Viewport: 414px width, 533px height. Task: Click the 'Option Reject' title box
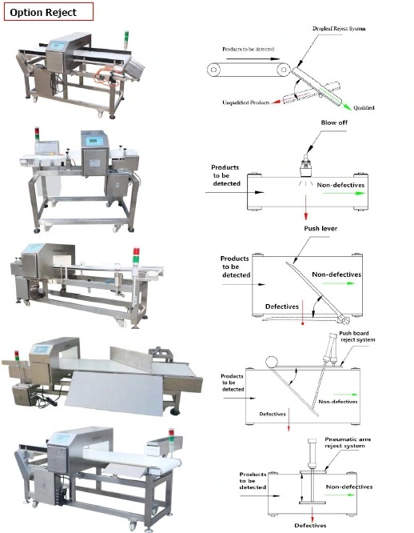tap(49, 12)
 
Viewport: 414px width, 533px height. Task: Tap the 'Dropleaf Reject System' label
tap(339, 29)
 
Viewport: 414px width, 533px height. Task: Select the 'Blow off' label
tap(334, 122)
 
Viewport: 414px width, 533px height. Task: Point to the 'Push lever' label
tap(320, 228)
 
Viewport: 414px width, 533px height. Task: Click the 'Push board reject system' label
tap(357, 336)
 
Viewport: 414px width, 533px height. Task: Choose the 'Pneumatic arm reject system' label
tap(348, 443)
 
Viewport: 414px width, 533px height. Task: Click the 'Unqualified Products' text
tap(246, 102)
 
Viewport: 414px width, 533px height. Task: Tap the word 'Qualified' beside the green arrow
tap(364, 108)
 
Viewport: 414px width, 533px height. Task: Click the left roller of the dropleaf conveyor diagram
tap(213, 70)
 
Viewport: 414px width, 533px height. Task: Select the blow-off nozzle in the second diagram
tap(305, 166)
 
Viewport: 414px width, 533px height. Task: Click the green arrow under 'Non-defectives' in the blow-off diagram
tap(344, 193)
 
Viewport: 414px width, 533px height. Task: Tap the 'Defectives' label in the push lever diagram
tap(281, 307)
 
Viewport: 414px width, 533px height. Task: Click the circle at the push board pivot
tap(271, 363)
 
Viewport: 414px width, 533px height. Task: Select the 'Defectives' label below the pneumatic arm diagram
tap(310, 525)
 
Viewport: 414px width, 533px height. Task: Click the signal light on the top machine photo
tap(126, 41)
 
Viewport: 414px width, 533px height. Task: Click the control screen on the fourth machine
tap(42, 350)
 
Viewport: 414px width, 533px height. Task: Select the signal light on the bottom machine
tap(171, 436)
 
